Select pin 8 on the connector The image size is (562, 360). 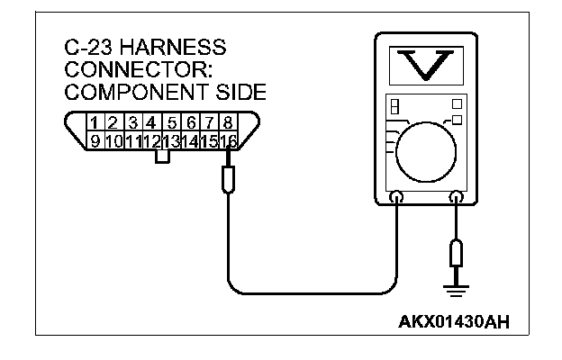(228, 121)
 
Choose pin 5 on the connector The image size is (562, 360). (172, 121)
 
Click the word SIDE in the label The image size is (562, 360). (237, 91)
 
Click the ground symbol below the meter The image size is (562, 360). (457, 287)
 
